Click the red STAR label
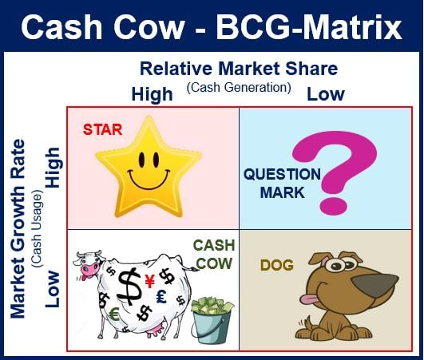(x=102, y=129)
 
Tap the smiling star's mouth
(x=149, y=180)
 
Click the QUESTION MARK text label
(x=283, y=183)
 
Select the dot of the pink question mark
(x=333, y=206)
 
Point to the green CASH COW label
(x=214, y=255)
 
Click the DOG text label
(x=277, y=265)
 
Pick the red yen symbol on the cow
(x=149, y=281)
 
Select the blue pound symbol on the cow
(x=161, y=296)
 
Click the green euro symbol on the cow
(x=114, y=315)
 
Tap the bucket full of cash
(x=211, y=320)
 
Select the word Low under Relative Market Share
(x=326, y=94)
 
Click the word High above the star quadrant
(x=152, y=95)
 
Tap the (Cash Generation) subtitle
(x=239, y=88)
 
